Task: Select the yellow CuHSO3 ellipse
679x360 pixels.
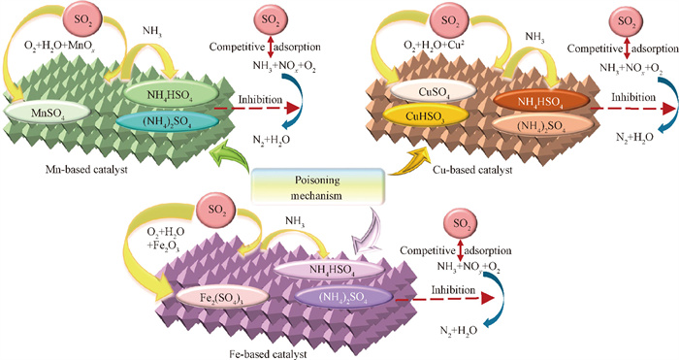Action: tap(426, 116)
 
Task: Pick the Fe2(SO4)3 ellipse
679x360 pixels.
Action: tap(223, 299)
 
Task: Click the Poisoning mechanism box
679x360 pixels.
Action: tap(318, 187)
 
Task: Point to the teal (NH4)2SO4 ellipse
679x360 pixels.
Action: tap(166, 122)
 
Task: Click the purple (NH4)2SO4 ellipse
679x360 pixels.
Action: tap(343, 298)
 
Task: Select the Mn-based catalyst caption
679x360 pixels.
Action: tap(86, 170)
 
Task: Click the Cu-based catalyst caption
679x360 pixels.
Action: tap(472, 170)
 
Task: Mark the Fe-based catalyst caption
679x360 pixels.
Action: tap(268, 354)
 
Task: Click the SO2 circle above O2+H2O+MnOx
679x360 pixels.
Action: tap(82, 19)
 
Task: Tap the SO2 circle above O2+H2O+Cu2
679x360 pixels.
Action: tap(451, 19)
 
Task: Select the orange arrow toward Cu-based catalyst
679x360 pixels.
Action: tap(408, 161)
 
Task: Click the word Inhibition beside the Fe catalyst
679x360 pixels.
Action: tap(453, 290)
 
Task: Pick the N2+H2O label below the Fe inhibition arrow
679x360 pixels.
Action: tap(459, 331)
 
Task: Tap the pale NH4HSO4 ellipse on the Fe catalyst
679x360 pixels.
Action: tap(329, 271)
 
